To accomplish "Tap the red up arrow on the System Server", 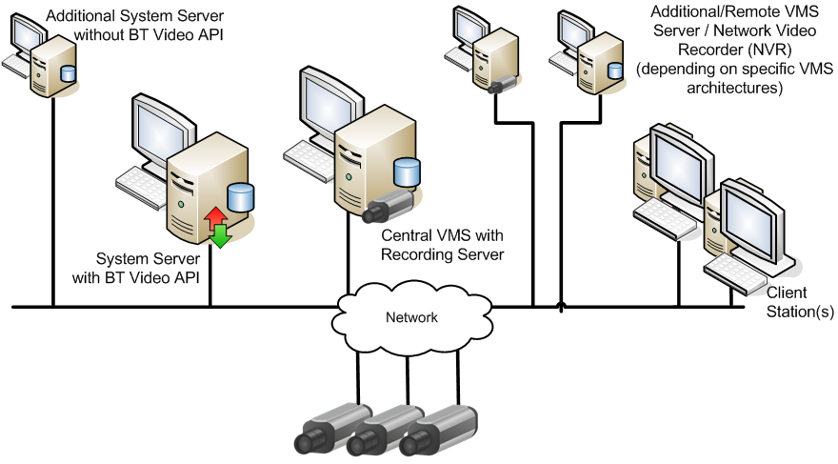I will tap(215, 216).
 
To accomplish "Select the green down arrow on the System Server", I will tap(221, 234).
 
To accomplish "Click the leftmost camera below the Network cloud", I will tap(329, 428).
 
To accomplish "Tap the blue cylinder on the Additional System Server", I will tap(68, 73).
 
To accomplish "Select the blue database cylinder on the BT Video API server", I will tap(241, 197).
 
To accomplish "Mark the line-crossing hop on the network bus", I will tap(561, 305).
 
